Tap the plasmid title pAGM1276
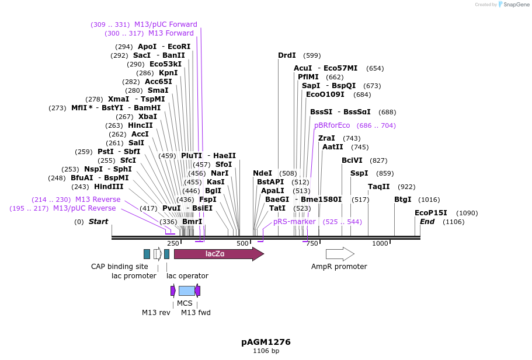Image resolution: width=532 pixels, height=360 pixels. [x=266, y=342]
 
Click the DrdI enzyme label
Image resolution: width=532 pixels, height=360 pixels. [x=287, y=55]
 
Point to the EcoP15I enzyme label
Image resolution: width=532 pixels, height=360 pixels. [x=430, y=213]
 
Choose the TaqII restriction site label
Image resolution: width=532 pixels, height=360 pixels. [x=378, y=187]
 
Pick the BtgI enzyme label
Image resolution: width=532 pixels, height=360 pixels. [x=403, y=200]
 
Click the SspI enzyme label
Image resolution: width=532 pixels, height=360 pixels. [x=359, y=173]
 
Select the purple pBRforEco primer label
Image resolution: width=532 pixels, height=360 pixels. [x=332, y=125]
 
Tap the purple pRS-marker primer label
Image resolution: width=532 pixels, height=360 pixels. [x=294, y=222]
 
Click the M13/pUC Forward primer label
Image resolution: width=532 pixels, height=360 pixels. [x=166, y=25]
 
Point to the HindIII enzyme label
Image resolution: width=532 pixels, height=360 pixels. [x=109, y=187]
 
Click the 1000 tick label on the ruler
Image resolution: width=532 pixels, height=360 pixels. [x=380, y=243]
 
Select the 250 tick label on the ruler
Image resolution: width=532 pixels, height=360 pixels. [x=173, y=243]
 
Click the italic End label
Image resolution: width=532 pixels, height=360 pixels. [x=427, y=222]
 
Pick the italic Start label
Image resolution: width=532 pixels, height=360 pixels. [x=98, y=222]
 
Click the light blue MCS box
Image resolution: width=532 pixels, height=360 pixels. [x=187, y=291]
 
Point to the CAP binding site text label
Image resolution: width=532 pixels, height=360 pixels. [x=120, y=267]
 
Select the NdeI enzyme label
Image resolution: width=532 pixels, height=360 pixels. [x=262, y=173]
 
